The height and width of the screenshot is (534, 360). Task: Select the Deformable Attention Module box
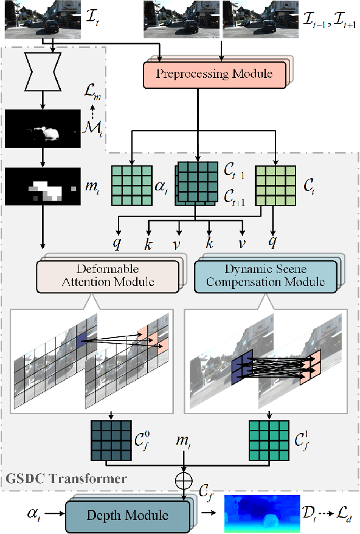point(108,276)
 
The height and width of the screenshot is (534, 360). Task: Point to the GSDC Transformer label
point(66,479)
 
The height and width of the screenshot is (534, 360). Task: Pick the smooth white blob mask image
point(43,128)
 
